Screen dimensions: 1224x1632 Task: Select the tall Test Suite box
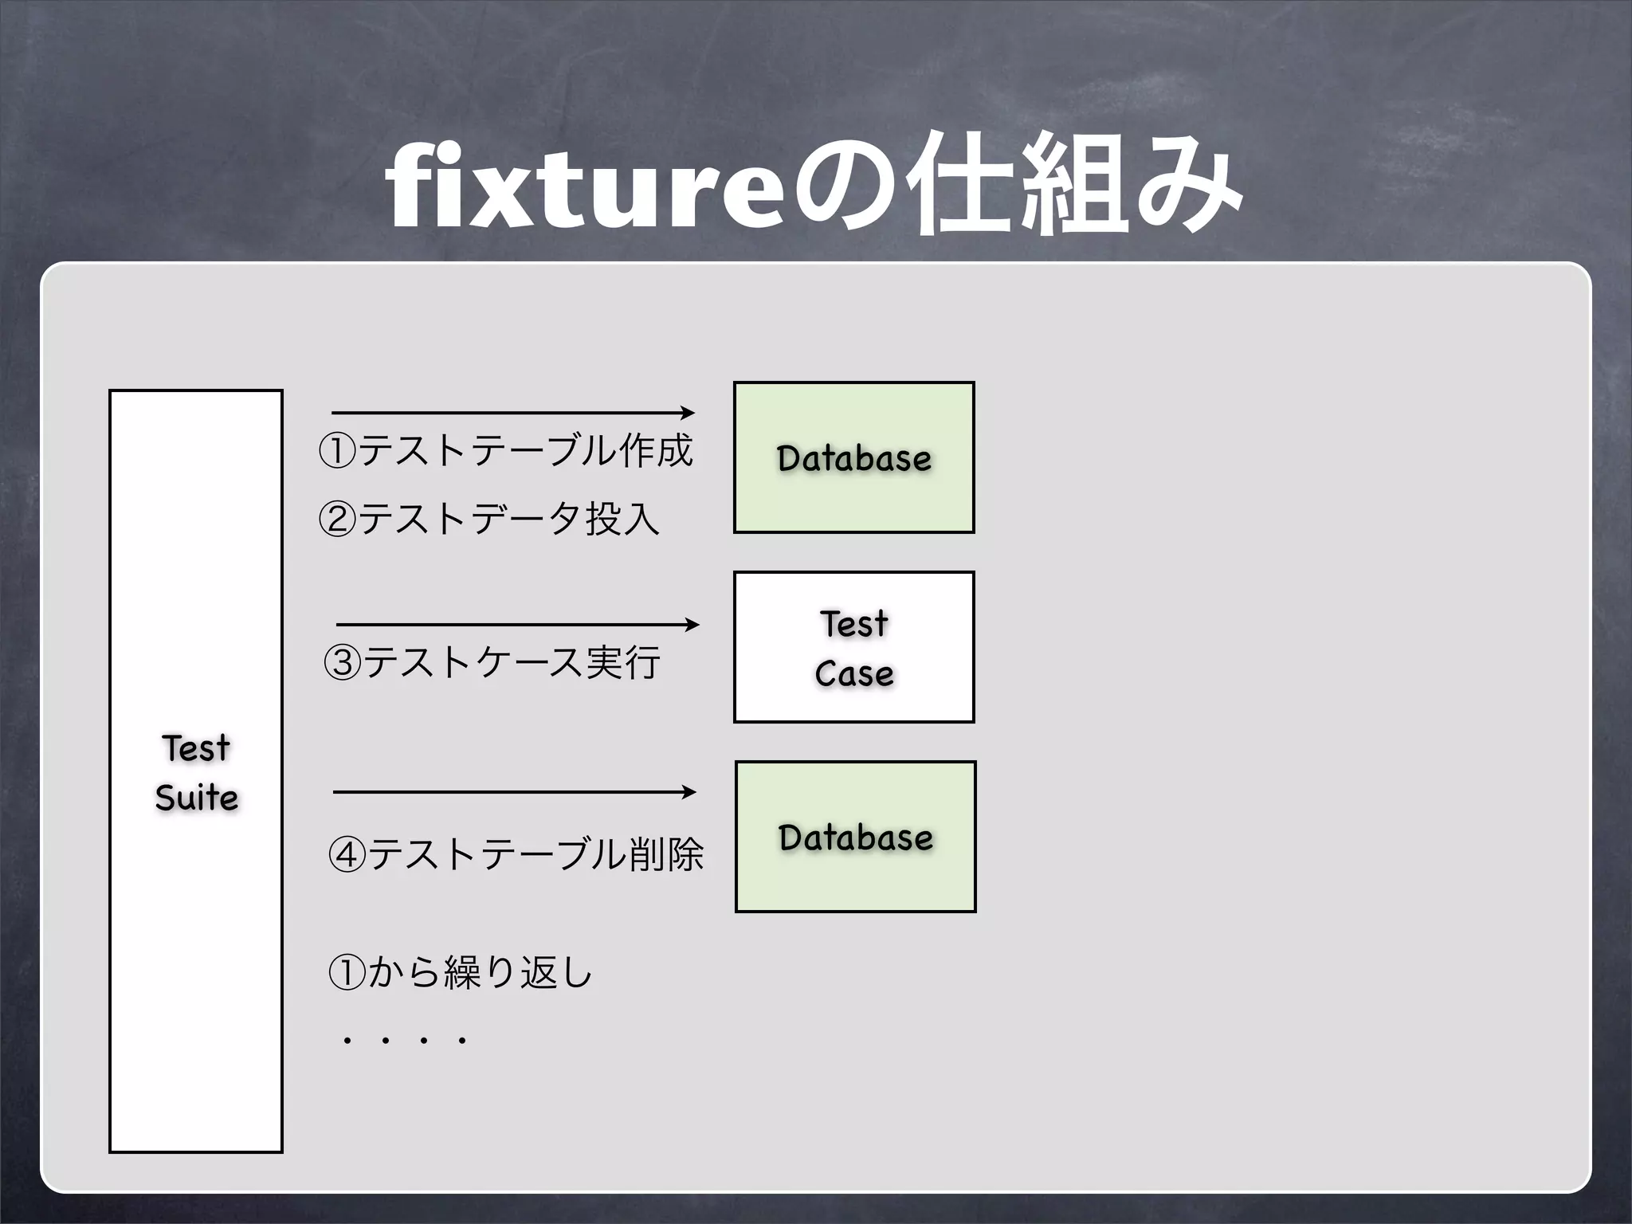point(196,956)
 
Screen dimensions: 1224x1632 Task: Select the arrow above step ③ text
point(517,625)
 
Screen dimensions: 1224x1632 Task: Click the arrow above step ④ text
point(514,792)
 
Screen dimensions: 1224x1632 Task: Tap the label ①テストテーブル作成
point(506,451)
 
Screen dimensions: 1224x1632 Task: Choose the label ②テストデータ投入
point(489,520)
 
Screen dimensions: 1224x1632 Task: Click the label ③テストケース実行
point(492,663)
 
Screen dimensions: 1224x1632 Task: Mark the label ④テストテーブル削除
point(516,854)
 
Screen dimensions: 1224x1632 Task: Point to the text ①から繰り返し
point(461,972)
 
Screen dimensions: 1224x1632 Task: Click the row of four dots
point(404,1041)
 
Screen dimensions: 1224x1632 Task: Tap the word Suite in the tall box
point(197,798)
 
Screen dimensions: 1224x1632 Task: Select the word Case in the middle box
point(854,674)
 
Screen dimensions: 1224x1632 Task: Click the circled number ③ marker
point(343,664)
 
